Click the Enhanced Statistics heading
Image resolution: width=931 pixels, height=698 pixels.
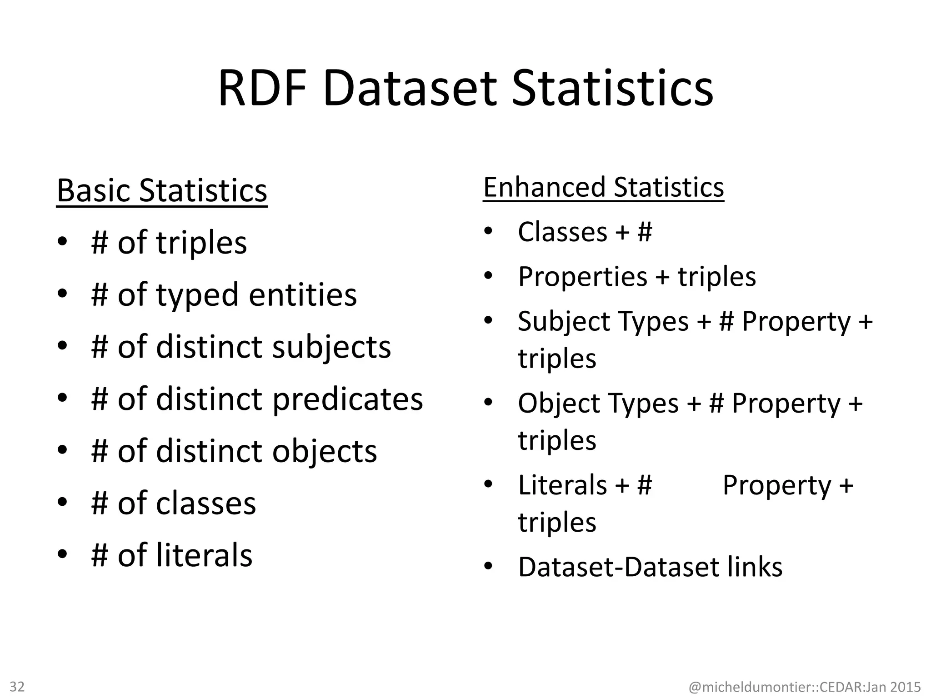[603, 187]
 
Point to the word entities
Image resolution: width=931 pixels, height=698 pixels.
[303, 294]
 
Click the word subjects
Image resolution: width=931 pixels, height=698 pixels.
[331, 347]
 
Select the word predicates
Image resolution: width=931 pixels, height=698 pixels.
[348, 399]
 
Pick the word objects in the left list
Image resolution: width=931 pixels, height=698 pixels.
[325, 451]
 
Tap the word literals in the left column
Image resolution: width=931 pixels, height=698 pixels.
[204, 555]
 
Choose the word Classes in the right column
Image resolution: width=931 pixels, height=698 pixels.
[562, 232]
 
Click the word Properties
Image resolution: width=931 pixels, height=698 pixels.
[582, 276]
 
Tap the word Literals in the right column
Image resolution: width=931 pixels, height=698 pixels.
[562, 485]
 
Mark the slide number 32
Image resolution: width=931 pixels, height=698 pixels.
[17, 686]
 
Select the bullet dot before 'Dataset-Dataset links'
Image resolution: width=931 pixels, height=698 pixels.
[488, 567]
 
